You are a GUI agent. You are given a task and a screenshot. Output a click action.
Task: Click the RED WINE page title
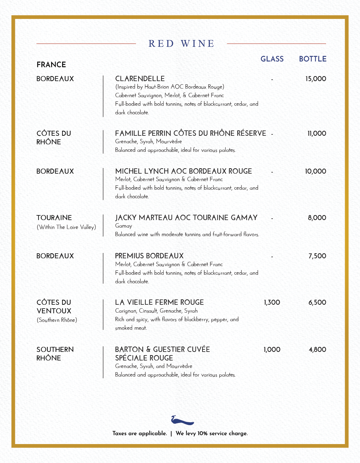pos(181,44)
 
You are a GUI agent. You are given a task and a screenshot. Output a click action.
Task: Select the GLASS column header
pos(272,59)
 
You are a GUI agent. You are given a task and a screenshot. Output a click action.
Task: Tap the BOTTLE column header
pos(312,59)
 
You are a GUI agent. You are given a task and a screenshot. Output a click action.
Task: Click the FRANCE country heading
pos(51,65)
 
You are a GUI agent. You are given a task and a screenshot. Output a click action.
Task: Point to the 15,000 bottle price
pos(316,79)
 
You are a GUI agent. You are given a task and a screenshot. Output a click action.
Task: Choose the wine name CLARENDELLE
pos(140,79)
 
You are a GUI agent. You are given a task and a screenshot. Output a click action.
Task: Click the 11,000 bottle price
pos(317,134)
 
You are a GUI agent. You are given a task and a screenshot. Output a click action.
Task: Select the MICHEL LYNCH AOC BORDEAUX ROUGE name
pos(183,171)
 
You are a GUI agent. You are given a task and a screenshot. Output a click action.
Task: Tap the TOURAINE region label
pos(54,218)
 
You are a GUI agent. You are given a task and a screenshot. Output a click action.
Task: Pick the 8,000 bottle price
pos(317,218)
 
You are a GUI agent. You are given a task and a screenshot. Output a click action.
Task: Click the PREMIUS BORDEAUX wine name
pos(149,256)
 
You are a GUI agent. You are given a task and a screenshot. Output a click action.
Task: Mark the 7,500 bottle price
pos(317,256)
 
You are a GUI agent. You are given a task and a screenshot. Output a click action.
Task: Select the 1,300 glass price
pos(272,303)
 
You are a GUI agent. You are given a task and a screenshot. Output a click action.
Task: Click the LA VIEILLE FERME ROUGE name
pos(159,302)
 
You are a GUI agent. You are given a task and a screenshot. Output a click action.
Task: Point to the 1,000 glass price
pos(272,350)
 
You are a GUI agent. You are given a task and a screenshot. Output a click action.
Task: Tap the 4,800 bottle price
pos(317,350)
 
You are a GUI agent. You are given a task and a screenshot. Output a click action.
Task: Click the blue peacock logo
pos(182,420)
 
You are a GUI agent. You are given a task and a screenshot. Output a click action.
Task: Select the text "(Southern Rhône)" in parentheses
pos(57,320)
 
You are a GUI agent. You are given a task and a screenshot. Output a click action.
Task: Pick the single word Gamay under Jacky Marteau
pos(124,226)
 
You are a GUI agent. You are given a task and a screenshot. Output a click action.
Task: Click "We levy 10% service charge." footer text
pos(211,433)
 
